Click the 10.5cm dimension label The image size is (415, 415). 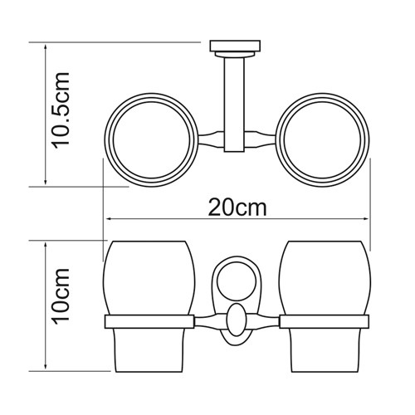coord(61,110)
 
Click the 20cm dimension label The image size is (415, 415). coord(237,207)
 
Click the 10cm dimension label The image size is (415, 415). coord(61,296)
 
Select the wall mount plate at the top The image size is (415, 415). coord(235,46)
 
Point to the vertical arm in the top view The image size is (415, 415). coord(234,105)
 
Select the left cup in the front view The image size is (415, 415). coord(149,306)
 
